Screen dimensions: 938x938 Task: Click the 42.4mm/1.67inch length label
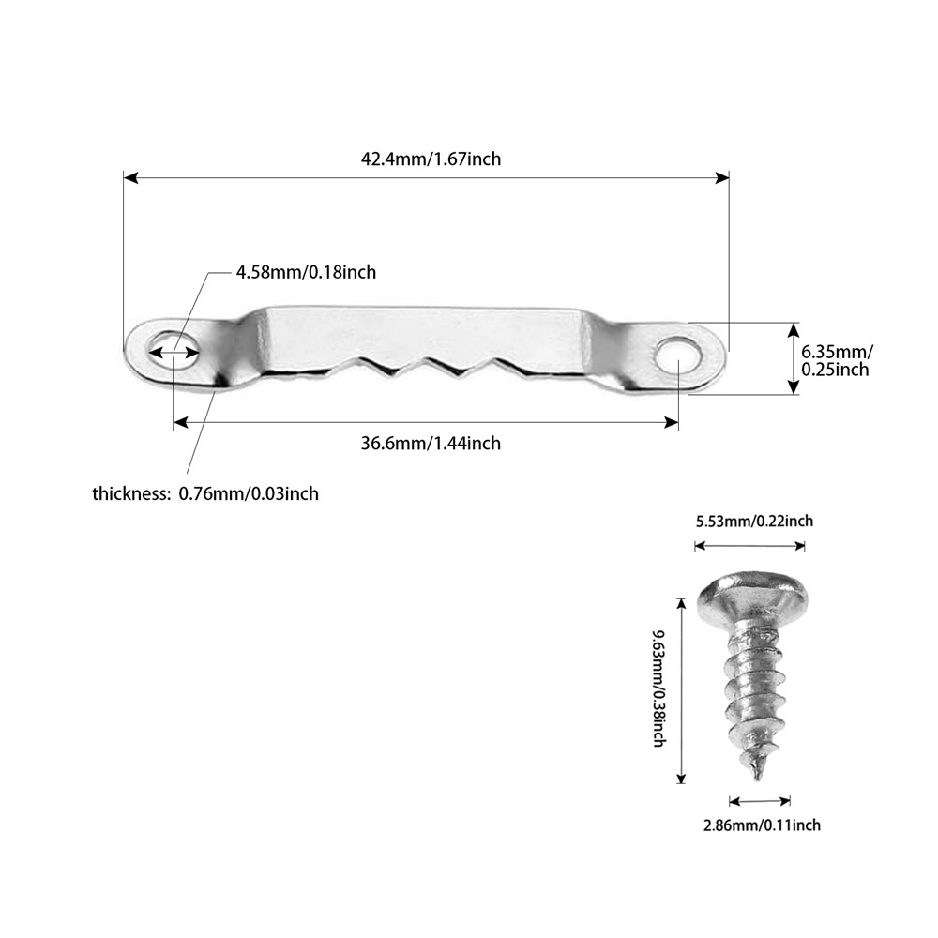pos(431,159)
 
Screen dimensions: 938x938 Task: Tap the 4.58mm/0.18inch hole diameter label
pos(305,272)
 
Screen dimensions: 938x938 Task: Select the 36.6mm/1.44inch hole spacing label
pos(431,443)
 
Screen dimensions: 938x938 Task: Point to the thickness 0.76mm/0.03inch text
pos(205,493)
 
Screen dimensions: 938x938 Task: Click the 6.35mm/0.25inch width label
pos(836,360)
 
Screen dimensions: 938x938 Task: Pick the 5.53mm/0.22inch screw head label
pos(754,522)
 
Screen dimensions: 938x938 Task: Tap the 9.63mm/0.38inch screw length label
pos(658,688)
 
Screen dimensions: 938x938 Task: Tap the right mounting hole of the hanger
pos(675,356)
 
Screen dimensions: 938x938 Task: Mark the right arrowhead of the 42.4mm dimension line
pos(722,176)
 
